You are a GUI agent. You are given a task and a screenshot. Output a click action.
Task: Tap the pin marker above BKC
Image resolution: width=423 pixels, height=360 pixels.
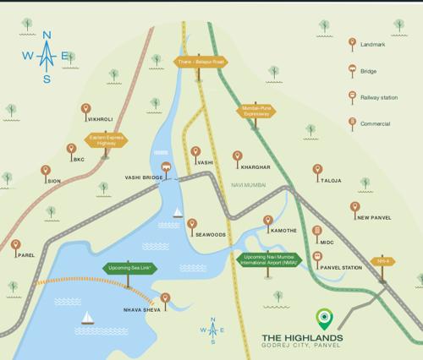(x=71, y=149)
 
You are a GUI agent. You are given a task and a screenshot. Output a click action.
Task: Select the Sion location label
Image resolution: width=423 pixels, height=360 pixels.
(x=53, y=181)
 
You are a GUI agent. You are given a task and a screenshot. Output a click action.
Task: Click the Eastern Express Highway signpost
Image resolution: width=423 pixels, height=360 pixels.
(x=105, y=140)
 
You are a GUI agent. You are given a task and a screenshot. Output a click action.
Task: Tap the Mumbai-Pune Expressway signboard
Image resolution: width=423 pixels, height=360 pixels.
(x=255, y=111)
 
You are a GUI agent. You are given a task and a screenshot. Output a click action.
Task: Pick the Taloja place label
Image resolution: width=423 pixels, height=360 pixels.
(x=330, y=181)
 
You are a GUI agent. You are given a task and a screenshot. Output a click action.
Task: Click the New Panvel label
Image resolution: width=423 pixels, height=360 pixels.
(x=373, y=217)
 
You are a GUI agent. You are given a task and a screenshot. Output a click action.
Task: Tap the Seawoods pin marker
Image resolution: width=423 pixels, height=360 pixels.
(x=193, y=225)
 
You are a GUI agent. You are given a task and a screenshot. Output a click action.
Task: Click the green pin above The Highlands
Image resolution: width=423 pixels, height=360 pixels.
(x=322, y=318)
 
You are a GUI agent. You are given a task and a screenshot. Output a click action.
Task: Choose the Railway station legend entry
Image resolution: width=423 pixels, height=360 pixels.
(x=376, y=97)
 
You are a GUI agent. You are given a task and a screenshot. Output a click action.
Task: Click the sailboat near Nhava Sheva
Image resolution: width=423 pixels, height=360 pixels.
(x=86, y=318)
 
